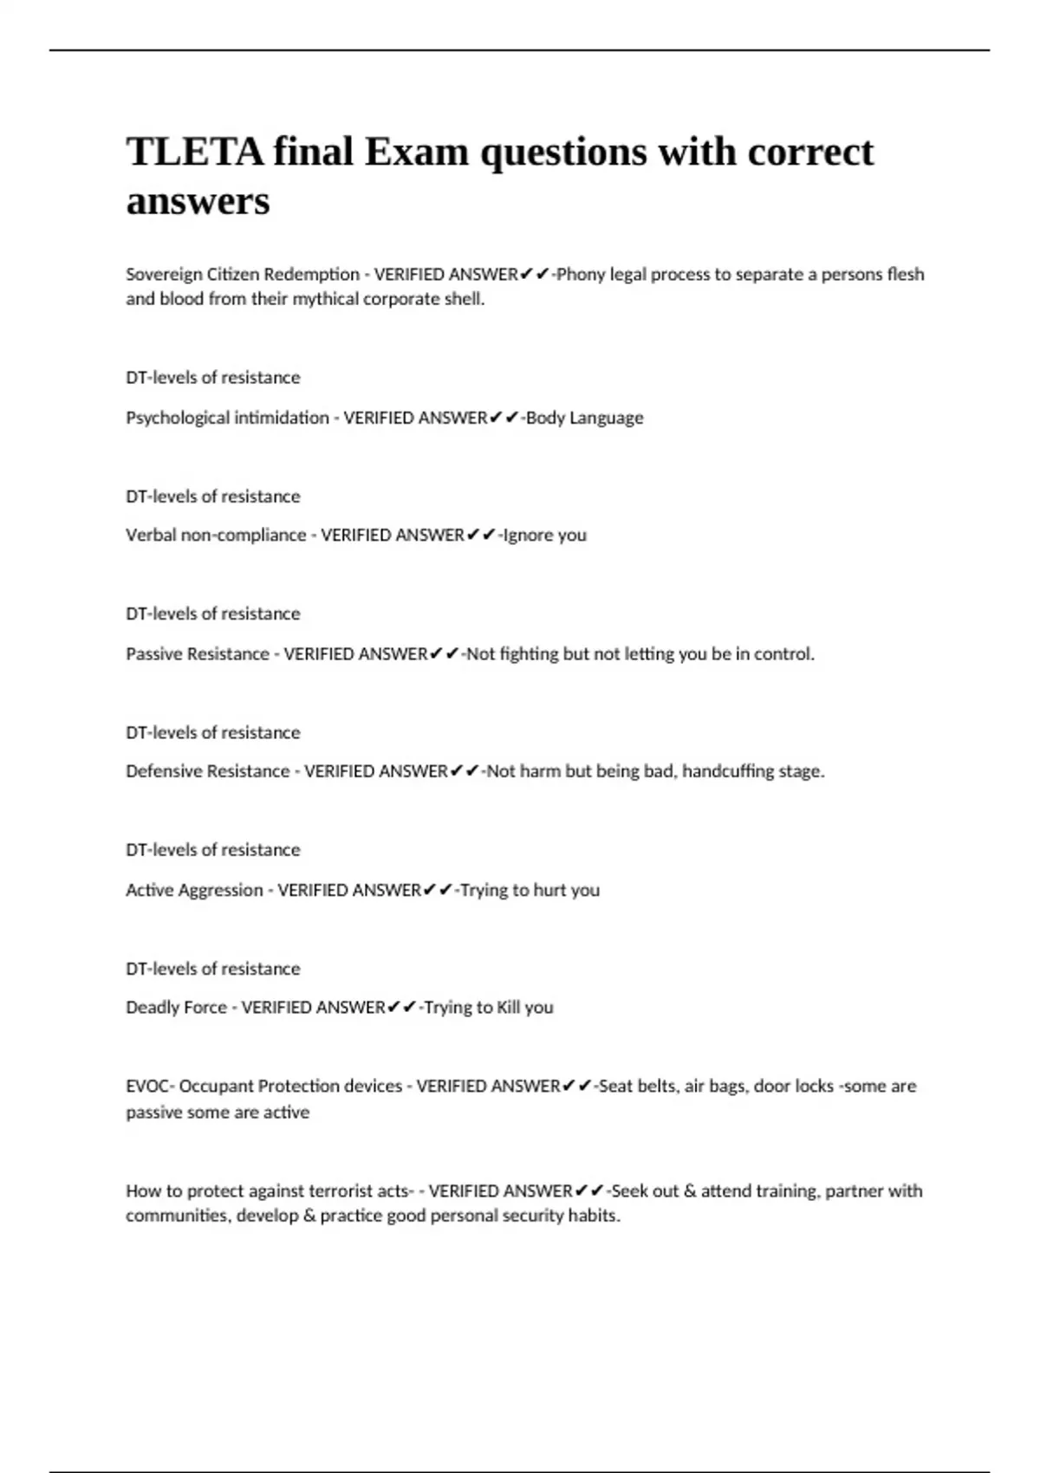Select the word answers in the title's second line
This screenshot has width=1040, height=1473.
pos(198,201)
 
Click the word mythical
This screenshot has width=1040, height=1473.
pos(326,299)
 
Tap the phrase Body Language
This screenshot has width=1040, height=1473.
pos(585,418)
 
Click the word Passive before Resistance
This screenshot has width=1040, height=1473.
pos(153,654)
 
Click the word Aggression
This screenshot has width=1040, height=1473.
pos(220,890)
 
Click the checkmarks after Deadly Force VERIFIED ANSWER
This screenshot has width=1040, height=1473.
pos(402,1007)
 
